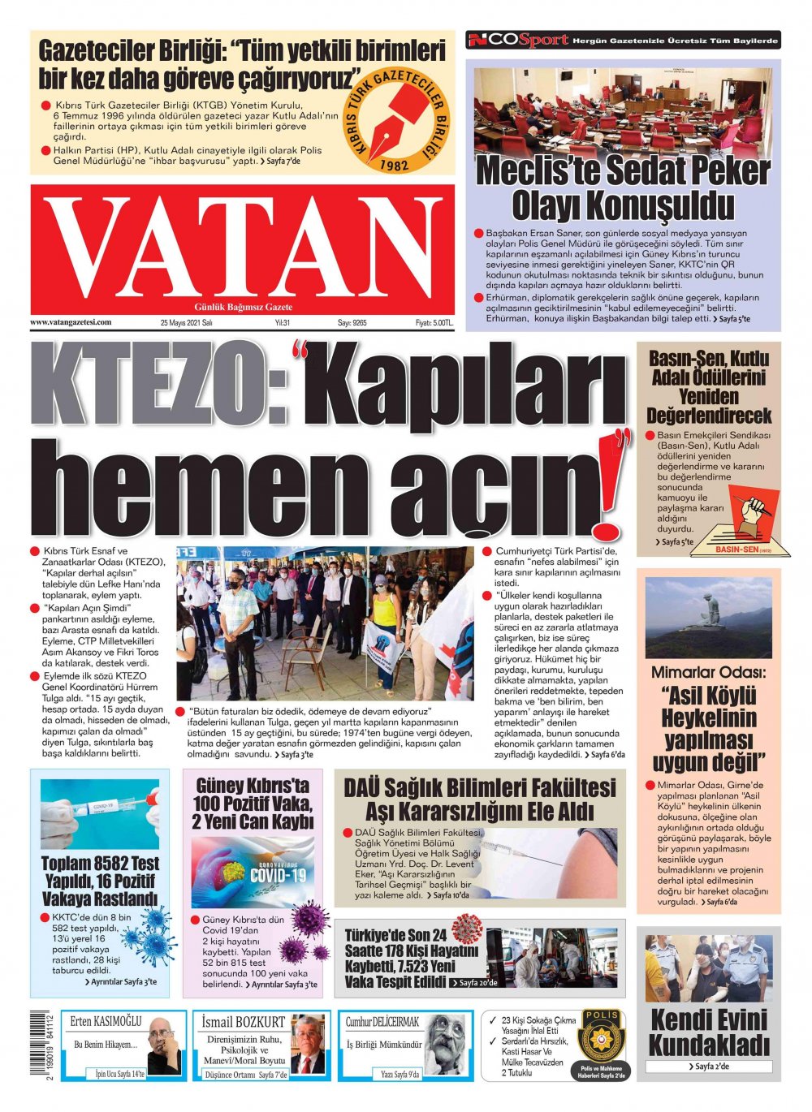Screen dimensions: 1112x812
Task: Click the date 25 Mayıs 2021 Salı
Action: pyautogui.click(x=186, y=323)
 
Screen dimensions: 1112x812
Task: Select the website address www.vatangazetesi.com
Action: pyautogui.click(x=71, y=322)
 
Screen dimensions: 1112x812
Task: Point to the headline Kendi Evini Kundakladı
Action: pyautogui.click(x=708, y=1032)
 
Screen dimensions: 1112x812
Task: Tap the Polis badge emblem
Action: pyautogui.click(x=601, y=1037)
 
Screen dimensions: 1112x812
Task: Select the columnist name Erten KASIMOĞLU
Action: pyautogui.click(x=106, y=1021)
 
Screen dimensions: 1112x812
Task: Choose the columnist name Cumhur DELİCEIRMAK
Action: pyautogui.click(x=382, y=1021)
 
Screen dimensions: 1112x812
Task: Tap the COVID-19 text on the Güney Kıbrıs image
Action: pyautogui.click(x=279, y=875)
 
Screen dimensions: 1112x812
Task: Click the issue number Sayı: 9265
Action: pyautogui.click(x=352, y=323)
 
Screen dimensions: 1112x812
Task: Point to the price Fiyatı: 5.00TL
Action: pyautogui.click(x=434, y=323)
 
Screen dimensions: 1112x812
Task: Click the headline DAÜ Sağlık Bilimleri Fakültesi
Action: pyautogui.click(x=480, y=787)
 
